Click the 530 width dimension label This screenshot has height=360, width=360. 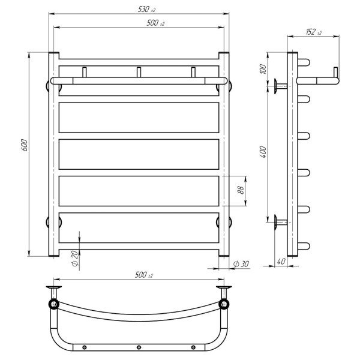[146, 10]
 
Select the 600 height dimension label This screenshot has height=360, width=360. [24, 145]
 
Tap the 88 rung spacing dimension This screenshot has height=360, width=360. [241, 190]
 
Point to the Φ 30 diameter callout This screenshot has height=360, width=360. [241, 264]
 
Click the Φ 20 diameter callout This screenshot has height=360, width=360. [75, 259]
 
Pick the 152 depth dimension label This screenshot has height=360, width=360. [314, 32]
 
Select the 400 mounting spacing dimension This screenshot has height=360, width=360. [263, 152]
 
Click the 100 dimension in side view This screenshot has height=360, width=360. [263, 69]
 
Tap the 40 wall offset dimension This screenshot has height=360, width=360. [281, 262]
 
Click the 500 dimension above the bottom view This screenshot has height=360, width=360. [144, 275]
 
